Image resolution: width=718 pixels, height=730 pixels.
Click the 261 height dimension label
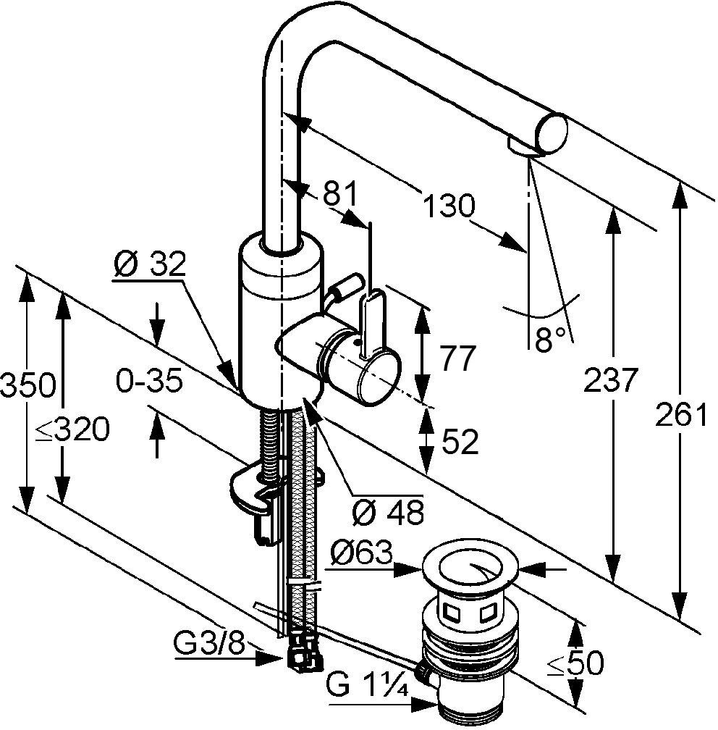[x=681, y=414]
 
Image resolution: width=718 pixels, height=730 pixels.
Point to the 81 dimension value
[x=339, y=194]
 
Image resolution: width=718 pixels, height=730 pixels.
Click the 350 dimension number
[x=27, y=385]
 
